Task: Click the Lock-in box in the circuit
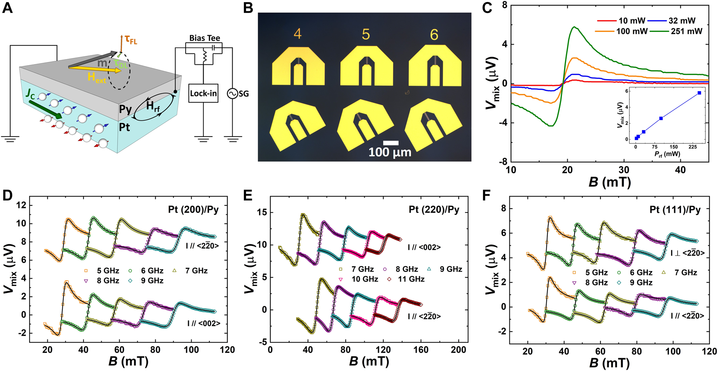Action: (x=203, y=94)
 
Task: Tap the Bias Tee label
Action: (x=205, y=38)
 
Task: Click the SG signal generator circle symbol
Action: (x=233, y=94)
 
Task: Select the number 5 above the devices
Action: (x=366, y=34)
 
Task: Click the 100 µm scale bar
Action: (x=391, y=143)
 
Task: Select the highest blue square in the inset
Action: (x=699, y=93)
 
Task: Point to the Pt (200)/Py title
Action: (x=193, y=209)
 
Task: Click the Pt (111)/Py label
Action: (x=675, y=209)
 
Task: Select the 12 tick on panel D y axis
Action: (x=21, y=205)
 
